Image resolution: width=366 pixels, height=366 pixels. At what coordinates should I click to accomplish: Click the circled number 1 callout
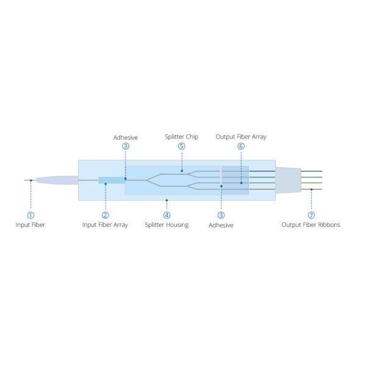pos(31,215)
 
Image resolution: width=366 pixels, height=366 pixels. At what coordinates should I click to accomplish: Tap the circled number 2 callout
pos(106,215)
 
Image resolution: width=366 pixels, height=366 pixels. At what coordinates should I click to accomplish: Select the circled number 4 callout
pos(167,215)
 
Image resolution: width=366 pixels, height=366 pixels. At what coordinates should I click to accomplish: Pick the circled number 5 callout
pos(182,146)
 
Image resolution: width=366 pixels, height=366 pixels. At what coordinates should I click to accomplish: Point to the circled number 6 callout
pos(241,146)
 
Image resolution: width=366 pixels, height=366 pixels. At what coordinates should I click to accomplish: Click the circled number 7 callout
pos(311,215)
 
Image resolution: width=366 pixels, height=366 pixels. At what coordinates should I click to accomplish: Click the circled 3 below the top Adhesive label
pos(126,146)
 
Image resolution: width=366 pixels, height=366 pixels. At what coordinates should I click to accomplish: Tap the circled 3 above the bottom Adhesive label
pos(221,215)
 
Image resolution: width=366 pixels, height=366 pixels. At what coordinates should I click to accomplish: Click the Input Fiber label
pos(30,224)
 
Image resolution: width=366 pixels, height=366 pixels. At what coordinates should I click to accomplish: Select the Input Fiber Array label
pos(105,225)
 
